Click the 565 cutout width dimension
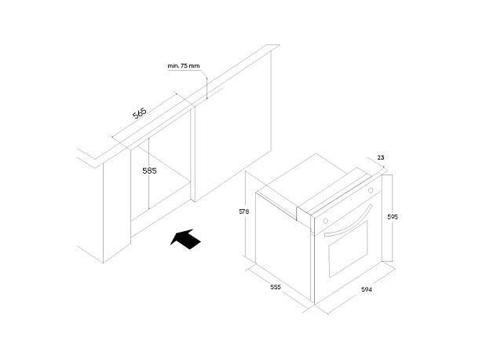140,113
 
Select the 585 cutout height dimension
149,171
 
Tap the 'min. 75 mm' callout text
183,66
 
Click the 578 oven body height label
243,211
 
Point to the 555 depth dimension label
276,287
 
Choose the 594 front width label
367,289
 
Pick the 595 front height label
393,217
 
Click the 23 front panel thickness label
381,157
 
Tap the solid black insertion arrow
185,239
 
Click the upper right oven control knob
371,190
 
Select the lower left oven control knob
325,221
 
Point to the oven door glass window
348,249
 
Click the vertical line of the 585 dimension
148,174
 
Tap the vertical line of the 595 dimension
393,218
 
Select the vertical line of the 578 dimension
246,214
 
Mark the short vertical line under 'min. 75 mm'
207,88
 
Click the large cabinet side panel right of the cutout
232,126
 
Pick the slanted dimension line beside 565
143,114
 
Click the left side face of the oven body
283,244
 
